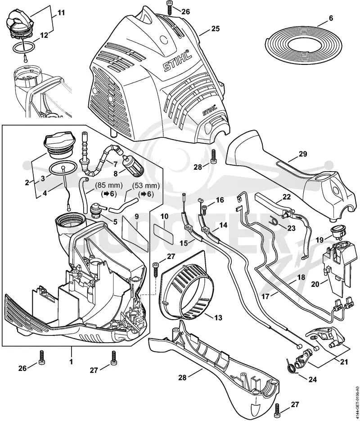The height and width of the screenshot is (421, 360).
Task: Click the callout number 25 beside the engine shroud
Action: [x=216, y=28]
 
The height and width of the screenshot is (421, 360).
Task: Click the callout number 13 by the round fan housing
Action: [x=218, y=318]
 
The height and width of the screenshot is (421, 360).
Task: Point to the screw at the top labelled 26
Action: [x=170, y=9]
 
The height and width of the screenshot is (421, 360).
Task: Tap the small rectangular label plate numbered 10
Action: [x=163, y=231]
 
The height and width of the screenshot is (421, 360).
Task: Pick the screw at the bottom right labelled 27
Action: [x=277, y=409]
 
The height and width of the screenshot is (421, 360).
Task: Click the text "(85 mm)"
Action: [x=108, y=185]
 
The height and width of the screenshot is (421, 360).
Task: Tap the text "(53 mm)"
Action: [x=145, y=186]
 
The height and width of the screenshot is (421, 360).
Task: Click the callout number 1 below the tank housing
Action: [x=71, y=362]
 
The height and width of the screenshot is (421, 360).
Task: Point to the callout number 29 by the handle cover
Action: [x=303, y=154]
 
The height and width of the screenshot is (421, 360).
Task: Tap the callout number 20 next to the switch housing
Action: [x=315, y=284]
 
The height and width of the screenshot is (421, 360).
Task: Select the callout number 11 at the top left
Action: [x=62, y=13]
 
